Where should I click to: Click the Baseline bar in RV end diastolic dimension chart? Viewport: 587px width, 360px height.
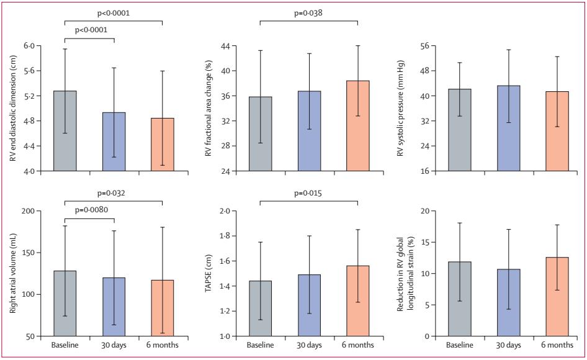(x=65, y=131)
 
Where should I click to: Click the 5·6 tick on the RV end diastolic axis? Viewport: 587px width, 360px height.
(x=30, y=71)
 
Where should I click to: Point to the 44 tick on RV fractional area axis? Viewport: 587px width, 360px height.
(x=225, y=46)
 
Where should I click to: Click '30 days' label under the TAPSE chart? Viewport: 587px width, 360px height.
(x=309, y=344)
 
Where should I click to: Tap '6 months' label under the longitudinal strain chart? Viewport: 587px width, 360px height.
(x=557, y=344)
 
